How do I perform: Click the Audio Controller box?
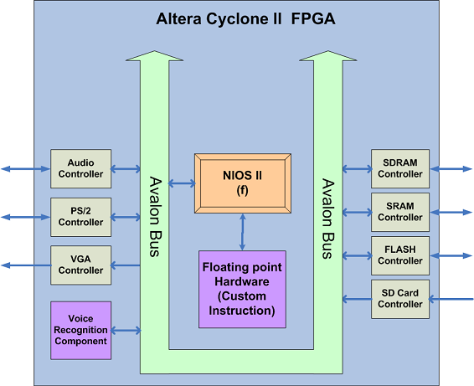80,168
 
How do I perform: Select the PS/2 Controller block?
80,217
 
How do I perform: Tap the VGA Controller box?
80,265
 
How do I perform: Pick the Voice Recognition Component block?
80,331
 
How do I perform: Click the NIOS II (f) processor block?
243,183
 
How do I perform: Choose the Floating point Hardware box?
242,289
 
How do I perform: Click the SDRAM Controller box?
400,168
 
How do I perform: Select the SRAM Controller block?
400,212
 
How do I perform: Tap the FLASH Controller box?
400,255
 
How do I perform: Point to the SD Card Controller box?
400,299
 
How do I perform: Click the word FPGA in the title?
313,18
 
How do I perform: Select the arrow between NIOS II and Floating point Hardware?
242,232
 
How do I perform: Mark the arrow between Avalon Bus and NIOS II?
182,183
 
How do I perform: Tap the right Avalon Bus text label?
328,219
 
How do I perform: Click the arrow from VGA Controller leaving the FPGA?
26,265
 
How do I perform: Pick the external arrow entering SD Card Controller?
451,299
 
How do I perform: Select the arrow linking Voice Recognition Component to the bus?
126,331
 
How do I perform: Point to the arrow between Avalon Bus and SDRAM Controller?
358,168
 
